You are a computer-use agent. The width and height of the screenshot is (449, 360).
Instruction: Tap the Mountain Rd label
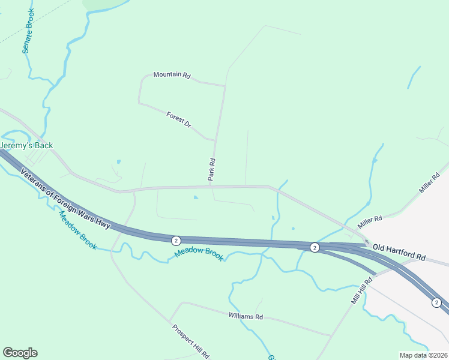click(x=172, y=75)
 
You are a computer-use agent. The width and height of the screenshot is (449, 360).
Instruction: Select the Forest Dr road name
click(x=179, y=119)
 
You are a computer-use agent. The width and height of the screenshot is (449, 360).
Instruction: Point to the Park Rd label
click(x=211, y=170)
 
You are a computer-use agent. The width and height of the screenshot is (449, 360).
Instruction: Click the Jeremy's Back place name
click(x=26, y=146)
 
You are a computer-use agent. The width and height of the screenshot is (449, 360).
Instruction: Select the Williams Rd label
click(x=246, y=316)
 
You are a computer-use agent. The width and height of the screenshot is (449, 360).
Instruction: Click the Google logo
click(x=20, y=353)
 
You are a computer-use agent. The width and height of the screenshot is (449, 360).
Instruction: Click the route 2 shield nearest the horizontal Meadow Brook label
click(x=175, y=241)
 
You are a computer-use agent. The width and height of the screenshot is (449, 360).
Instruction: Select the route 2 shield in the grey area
click(x=437, y=302)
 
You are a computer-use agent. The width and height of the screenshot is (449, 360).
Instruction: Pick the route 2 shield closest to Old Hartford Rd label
click(x=314, y=247)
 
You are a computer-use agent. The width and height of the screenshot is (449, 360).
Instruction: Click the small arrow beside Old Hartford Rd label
click(x=367, y=242)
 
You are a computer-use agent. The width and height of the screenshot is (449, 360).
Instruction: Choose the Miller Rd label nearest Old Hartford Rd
click(x=370, y=221)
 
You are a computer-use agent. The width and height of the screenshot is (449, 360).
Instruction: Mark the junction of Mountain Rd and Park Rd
click(x=225, y=86)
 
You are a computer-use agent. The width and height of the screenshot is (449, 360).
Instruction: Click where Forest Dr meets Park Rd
click(x=215, y=140)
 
